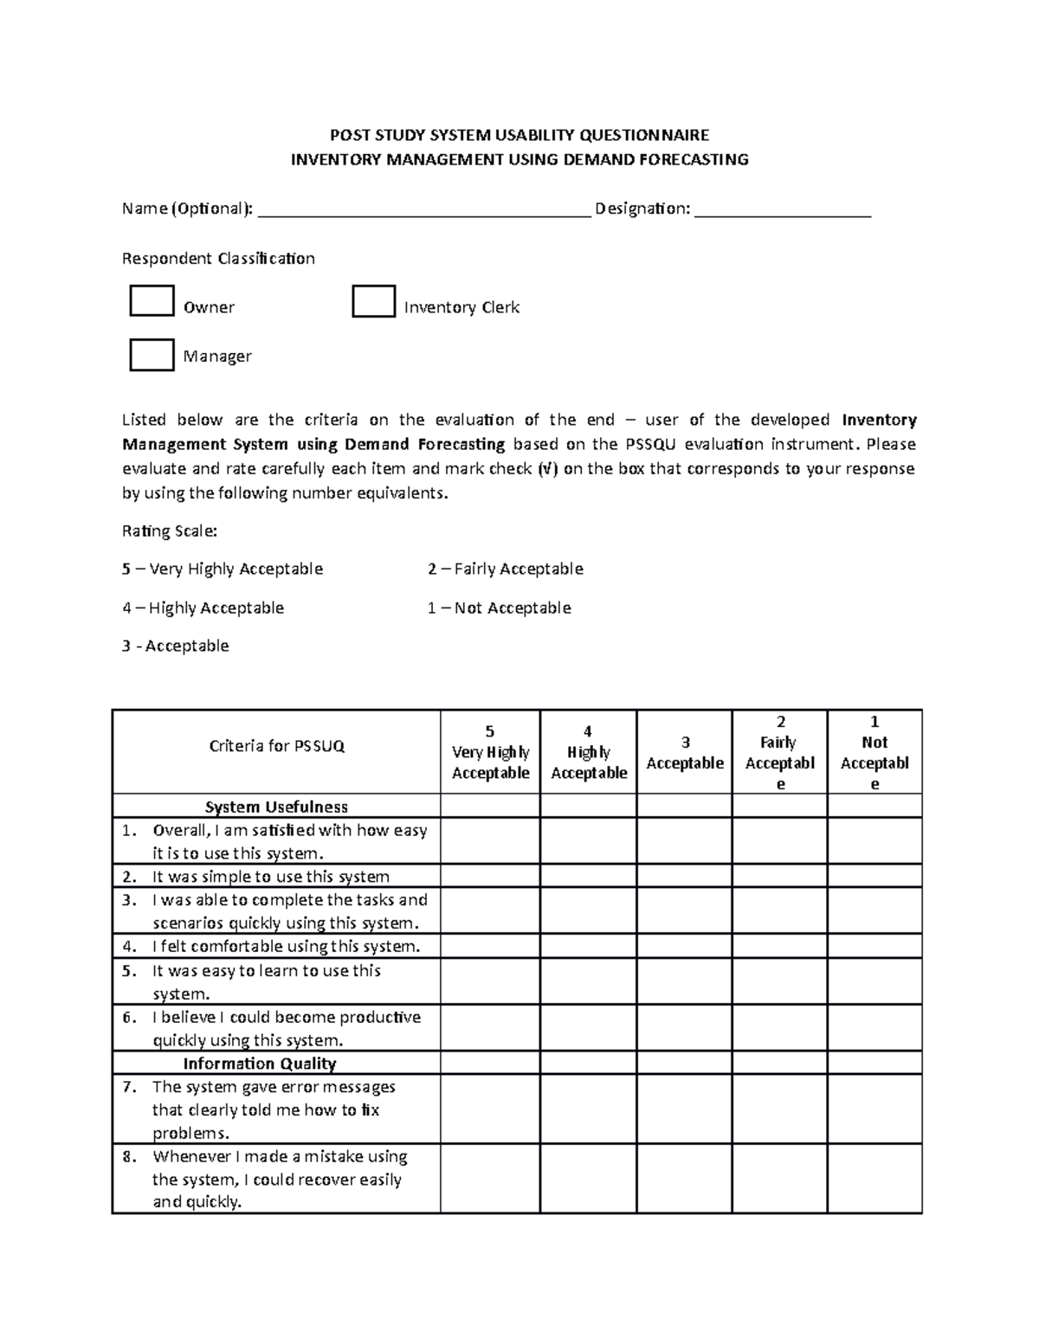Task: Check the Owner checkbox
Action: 152,301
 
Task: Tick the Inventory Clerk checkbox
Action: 373,301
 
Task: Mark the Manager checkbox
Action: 152,355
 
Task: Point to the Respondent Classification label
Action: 218,259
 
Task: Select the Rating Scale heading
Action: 170,531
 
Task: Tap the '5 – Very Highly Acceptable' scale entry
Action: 223,569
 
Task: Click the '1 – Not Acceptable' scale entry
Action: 499,608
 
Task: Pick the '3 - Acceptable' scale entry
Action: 176,646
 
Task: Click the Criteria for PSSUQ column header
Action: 277,746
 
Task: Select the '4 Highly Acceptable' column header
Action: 588,752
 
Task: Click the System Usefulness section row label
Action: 276,807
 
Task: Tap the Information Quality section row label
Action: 259,1064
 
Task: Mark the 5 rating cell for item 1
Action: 490,840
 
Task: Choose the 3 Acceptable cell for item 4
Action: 684,946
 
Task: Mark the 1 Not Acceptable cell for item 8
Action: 874,1179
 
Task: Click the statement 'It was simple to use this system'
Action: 271,876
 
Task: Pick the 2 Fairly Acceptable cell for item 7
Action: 779,1109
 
